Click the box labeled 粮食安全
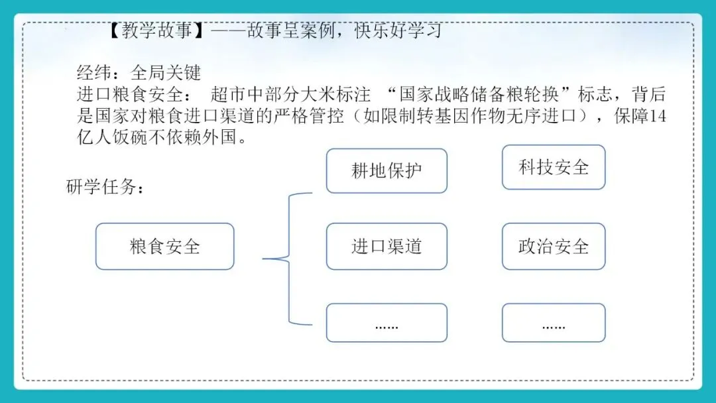(x=165, y=247)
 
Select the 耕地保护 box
(x=387, y=171)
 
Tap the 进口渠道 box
(x=387, y=247)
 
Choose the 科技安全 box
(x=554, y=167)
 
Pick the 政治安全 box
(x=554, y=247)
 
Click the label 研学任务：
(x=105, y=188)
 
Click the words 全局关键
(x=166, y=72)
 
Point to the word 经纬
(x=92, y=72)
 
